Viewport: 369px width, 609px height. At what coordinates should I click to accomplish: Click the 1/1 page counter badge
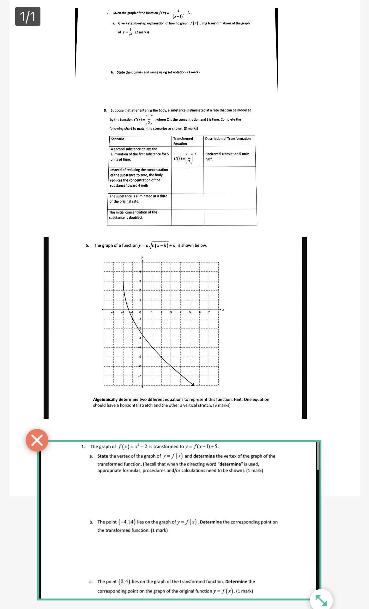click(28, 16)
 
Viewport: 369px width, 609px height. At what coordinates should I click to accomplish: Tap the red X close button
click(37, 440)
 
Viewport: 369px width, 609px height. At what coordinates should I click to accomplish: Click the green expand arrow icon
click(321, 600)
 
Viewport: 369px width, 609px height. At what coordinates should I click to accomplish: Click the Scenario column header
click(118, 139)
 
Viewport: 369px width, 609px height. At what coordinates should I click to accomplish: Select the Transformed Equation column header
click(183, 141)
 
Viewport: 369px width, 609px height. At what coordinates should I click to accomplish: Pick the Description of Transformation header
click(228, 139)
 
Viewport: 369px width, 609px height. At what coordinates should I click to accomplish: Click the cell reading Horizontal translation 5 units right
click(227, 156)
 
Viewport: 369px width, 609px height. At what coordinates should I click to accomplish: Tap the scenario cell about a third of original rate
click(138, 199)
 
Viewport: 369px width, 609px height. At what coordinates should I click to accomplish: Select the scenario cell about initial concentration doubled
click(133, 215)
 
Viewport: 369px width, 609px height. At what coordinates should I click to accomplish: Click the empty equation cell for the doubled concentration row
click(187, 217)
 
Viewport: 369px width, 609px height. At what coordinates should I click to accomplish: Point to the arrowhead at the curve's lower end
click(192, 384)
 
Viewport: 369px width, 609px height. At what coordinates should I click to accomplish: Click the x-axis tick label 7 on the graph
click(209, 312)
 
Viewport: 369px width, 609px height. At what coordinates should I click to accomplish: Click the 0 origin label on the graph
click(140, 312)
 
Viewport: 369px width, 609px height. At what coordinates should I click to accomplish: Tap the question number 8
click(105, 110)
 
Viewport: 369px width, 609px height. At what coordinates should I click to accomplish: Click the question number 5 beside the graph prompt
click(87, 245)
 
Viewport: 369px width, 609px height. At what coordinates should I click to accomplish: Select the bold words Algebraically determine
click(116, 400)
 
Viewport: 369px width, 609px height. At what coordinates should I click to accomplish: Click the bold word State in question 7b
click(121, 72)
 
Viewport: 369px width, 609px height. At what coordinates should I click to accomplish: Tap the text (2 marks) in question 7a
click(142, 32)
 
